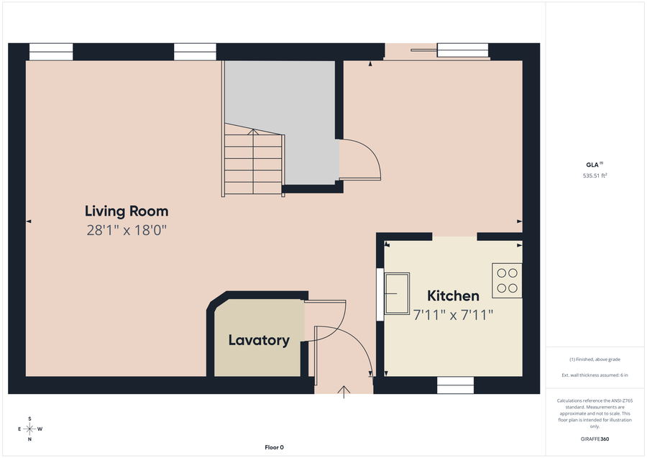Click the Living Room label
tap(127, 211)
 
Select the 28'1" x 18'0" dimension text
tap(127, 230)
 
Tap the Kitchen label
tap(453, 296)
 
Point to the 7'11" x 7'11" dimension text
tap(453, 314)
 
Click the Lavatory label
tap(259, 340)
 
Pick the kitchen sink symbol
tap(397, 293)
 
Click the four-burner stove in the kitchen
tap(507, 280)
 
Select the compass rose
tap(29, 429)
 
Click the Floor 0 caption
tap(274, 447)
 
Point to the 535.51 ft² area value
tap(595, 175)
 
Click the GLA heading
tap(594, 163)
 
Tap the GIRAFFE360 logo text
tap(595, 439)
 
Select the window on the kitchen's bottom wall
tap(455, 385)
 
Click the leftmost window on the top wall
tap(51, 52)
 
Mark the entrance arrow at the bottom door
tap(344, 391)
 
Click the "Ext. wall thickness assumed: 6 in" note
tap(595, 375)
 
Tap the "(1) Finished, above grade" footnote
tap(595, 359)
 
